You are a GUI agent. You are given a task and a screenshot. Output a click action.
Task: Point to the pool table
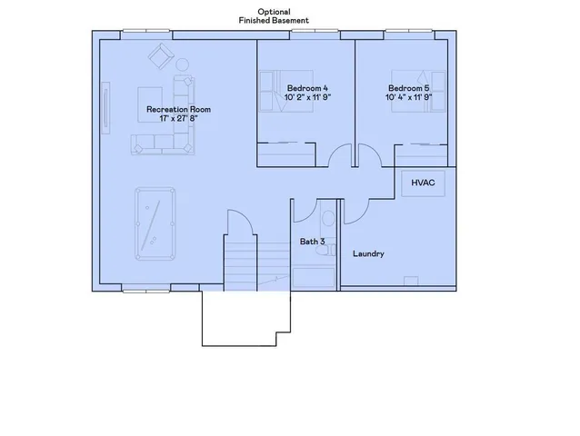tap(156, 223)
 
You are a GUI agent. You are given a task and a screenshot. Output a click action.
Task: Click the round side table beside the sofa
tap(182, 65)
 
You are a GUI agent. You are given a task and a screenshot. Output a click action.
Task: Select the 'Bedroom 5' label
tap(407, 87)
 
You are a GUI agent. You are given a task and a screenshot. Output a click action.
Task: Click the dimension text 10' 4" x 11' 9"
tap(407, 97)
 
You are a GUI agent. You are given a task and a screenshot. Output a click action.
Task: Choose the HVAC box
tap(423, 183)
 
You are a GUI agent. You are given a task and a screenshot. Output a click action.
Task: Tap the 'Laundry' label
tap(368, 254)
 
